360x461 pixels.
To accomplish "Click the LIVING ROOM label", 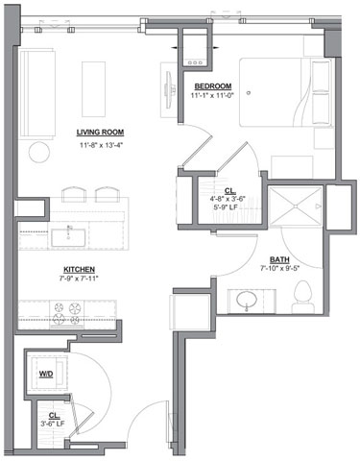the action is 100,133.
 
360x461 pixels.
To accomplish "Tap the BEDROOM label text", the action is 213,86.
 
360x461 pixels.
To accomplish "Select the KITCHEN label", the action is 79,269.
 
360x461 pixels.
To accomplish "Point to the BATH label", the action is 279,259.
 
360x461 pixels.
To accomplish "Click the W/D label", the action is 46,374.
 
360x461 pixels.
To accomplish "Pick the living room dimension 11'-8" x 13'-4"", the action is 101,145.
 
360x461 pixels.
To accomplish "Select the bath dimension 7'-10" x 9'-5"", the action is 279,268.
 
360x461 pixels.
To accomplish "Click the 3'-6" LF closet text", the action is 53,424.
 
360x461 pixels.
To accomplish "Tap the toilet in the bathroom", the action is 302,297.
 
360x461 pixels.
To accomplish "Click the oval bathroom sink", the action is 247,301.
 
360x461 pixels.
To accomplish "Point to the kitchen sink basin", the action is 68,237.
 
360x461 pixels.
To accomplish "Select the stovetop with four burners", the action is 66,313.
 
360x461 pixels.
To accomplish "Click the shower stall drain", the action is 296,206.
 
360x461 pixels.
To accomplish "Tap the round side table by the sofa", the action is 39,153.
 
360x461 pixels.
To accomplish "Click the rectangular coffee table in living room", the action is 93,89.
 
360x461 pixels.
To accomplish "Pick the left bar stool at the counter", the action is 74,194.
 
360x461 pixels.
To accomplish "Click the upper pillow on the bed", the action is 321,76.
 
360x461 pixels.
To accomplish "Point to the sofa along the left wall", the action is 37,93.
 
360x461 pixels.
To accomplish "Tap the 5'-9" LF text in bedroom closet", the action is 226,207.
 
